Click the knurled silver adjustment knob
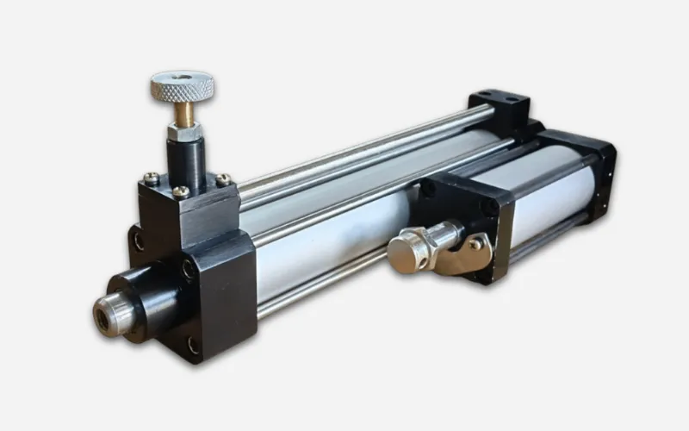[x=183, y=85]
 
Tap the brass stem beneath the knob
[x=183, y=113]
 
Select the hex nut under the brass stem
[x=184, y=131]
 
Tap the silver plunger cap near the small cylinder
[x=406, y=249]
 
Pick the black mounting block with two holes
[x=500, y=105]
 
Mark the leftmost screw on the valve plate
[x=152, y=178]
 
